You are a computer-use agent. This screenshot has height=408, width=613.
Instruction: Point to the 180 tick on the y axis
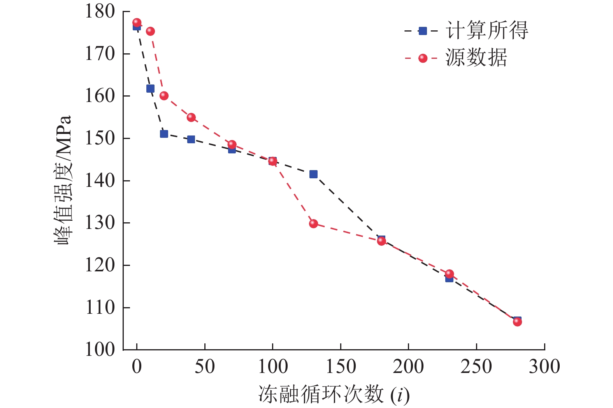pos(100,11)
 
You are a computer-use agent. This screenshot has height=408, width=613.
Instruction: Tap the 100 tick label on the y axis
pos(100,350)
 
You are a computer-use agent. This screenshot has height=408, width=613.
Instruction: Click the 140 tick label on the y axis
pos(100,181)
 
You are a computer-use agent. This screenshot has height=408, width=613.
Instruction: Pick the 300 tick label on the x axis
pos(544,367)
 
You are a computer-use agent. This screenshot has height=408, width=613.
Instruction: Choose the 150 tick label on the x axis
pos(341,367)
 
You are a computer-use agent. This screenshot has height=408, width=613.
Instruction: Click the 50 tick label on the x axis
pos(205,367)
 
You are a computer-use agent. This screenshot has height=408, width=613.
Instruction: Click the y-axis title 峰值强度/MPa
pos(63,180)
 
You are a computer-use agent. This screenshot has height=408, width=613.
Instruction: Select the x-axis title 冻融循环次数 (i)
pos(334,395)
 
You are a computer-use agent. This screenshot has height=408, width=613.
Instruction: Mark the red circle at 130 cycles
pos(313,223)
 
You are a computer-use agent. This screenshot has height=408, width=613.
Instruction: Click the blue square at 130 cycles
pos(313,174)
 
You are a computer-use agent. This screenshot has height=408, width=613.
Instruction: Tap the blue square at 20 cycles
pos(164,134)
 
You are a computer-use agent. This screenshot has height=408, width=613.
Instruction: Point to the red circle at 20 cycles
pos(164,95)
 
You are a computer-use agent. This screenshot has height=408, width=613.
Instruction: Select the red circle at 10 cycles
pos(150,31)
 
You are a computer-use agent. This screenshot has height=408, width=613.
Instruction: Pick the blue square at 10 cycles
pos(150,89)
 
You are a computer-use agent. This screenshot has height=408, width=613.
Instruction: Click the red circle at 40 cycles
pos(191,117)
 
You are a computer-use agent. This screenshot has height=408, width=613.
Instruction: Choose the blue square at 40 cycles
pos(191,139)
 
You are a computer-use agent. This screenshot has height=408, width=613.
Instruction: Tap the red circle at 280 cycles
pos(517,322)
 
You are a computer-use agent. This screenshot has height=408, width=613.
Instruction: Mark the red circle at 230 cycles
pos(449,274)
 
